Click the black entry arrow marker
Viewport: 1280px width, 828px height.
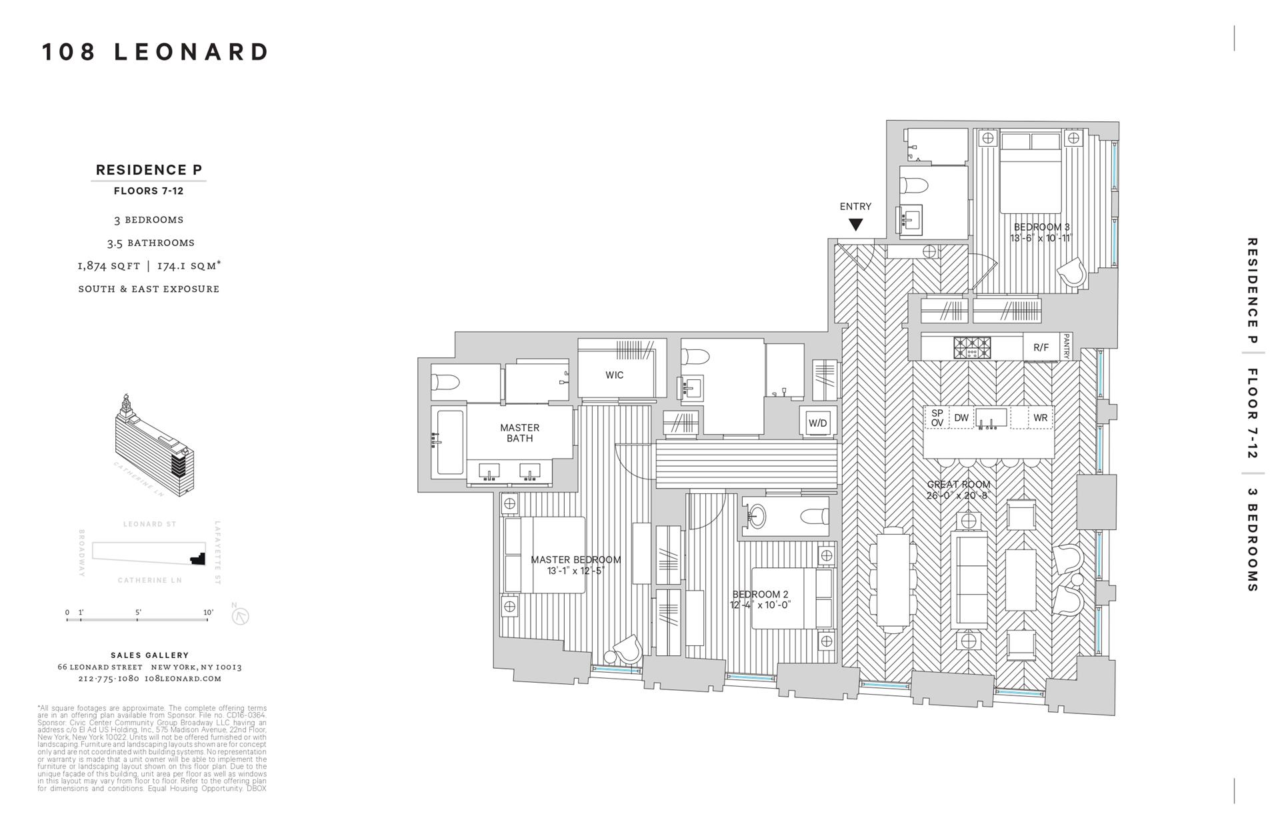point(855,225)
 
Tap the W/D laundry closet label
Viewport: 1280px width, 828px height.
point(818,423)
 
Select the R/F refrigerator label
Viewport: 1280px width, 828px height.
point(1041,347)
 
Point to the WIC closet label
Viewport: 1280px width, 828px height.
point(614,375)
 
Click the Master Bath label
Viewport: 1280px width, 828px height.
point(519,433)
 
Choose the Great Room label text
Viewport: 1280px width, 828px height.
point(958,485)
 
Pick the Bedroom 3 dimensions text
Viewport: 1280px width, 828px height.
point(1041,238)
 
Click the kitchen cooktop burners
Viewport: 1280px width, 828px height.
point(972,347)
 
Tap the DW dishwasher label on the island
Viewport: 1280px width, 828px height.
point(961,418)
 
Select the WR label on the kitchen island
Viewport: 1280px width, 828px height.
point(1040,418)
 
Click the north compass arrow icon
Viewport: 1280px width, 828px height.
point(240,616)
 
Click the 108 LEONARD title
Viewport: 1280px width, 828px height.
point(155,52)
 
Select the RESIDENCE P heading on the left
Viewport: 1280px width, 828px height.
point(149,170)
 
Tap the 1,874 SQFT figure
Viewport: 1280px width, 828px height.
point(109,266)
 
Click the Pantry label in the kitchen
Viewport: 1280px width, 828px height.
point(1066,347)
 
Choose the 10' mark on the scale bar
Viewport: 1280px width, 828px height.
point(208,613)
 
